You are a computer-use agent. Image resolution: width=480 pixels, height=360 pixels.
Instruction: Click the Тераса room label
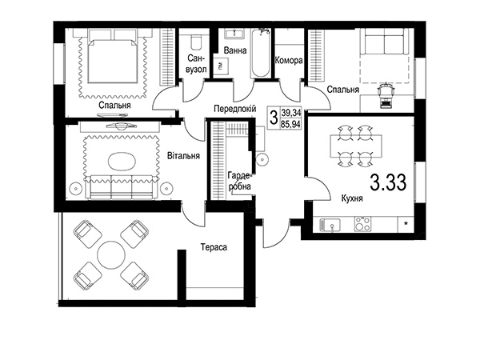[214, 247]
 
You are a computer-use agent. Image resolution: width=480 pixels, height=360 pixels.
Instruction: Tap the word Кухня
[352, 198]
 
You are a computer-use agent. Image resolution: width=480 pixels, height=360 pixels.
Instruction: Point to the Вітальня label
[183, 155]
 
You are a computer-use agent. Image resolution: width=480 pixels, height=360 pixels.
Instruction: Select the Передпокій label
[234, 108]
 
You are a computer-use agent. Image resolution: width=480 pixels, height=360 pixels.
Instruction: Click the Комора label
[289, 60]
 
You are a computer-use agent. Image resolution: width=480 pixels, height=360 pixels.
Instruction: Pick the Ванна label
[234, 50]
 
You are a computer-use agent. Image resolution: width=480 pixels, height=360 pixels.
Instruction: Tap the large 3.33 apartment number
[388, 182]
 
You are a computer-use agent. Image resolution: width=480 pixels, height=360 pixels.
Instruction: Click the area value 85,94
[291, 124]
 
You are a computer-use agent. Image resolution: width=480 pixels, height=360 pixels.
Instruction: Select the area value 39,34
[291, 113]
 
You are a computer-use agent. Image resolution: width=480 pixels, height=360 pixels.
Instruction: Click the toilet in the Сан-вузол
[196, 42]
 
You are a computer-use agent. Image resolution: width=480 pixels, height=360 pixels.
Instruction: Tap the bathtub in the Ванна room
[260, 53]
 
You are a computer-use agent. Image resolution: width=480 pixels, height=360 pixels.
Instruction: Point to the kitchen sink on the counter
[330, 225]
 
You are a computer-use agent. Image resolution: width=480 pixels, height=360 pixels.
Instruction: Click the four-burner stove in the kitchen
[362, 224]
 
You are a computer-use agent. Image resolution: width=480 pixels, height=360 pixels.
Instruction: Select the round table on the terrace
[111, 255]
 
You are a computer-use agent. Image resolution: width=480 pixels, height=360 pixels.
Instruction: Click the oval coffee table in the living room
[122, 161]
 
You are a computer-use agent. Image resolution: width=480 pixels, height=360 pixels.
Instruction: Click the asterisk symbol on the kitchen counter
[406, 224]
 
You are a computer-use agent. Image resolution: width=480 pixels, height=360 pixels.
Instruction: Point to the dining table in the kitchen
[356, 146]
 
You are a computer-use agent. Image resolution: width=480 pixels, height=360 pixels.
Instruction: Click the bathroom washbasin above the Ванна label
[234, 34]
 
